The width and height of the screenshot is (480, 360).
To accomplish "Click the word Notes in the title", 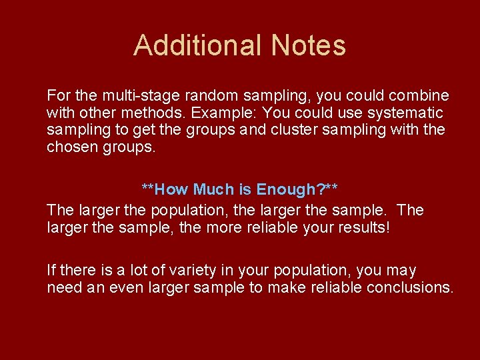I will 308,45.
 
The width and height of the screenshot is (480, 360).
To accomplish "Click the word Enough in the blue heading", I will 287,189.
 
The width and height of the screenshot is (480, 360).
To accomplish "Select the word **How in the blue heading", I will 165,189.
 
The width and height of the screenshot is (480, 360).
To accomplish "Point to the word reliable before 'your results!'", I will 289,227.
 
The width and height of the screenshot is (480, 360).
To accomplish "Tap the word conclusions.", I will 411,287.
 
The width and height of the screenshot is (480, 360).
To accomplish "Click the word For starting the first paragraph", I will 57,95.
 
